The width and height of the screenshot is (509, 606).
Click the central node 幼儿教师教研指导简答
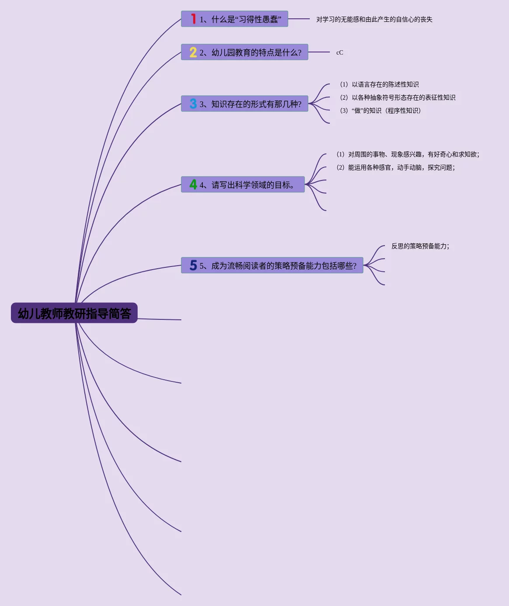(74, 313)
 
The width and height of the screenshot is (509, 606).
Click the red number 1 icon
(193, 19)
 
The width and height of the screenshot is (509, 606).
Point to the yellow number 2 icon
(193, 52)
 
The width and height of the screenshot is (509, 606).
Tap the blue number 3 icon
(193, 104)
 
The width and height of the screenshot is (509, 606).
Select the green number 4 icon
(193, 185)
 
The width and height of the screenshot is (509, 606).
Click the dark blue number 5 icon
(193, 265)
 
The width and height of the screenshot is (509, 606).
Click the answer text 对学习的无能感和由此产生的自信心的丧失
(374, 19)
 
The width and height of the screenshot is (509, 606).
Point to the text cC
(339, 52)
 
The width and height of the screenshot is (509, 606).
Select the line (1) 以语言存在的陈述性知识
(379, 84)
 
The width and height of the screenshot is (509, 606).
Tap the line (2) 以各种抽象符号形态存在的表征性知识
(398, 97)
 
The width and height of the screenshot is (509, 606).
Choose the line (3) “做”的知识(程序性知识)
(380, 111)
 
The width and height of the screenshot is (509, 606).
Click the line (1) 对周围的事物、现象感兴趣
(408, 154)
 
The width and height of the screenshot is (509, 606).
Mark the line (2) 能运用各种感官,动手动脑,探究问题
(395, 167)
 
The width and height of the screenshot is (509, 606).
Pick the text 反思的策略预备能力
(420, 246)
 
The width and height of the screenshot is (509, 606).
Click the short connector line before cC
(319, 52)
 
